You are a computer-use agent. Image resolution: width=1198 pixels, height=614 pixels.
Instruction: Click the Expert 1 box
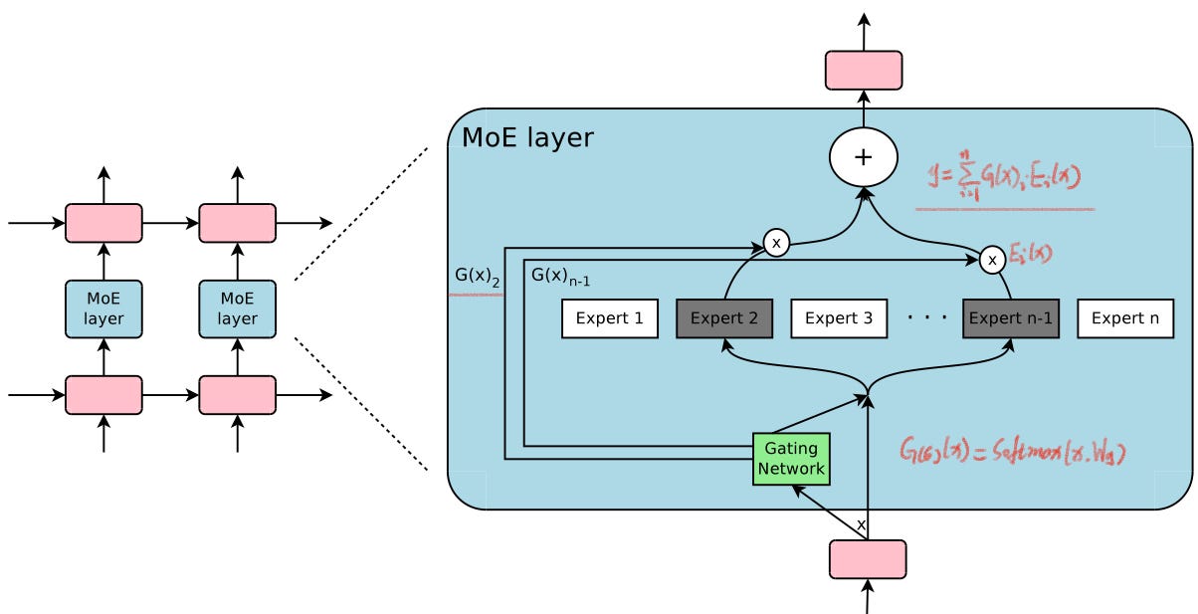610,319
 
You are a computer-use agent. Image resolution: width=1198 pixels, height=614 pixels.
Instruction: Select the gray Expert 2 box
723,319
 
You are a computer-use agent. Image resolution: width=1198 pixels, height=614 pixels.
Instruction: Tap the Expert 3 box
838,319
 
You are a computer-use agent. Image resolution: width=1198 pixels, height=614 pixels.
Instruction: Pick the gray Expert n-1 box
1010,319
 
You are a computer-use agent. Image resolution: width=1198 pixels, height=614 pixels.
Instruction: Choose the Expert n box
1125,319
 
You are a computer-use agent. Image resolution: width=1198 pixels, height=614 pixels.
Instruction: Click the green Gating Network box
791,459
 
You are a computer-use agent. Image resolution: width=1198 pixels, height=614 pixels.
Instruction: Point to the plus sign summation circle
864,158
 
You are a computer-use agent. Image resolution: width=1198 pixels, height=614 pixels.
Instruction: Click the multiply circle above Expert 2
776,243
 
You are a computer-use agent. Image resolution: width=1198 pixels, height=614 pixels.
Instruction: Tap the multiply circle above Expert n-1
991,260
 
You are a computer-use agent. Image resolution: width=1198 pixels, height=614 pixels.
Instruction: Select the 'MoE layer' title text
527,138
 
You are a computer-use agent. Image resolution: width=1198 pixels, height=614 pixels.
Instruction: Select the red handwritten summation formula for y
1003,178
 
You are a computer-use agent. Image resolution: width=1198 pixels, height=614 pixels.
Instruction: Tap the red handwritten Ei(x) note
1030,254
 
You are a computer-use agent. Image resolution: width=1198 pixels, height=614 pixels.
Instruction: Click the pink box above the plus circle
864,71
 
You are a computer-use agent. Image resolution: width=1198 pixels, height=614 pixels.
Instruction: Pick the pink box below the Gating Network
868,559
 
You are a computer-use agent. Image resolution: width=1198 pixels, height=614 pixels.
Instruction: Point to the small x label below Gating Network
861,524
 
